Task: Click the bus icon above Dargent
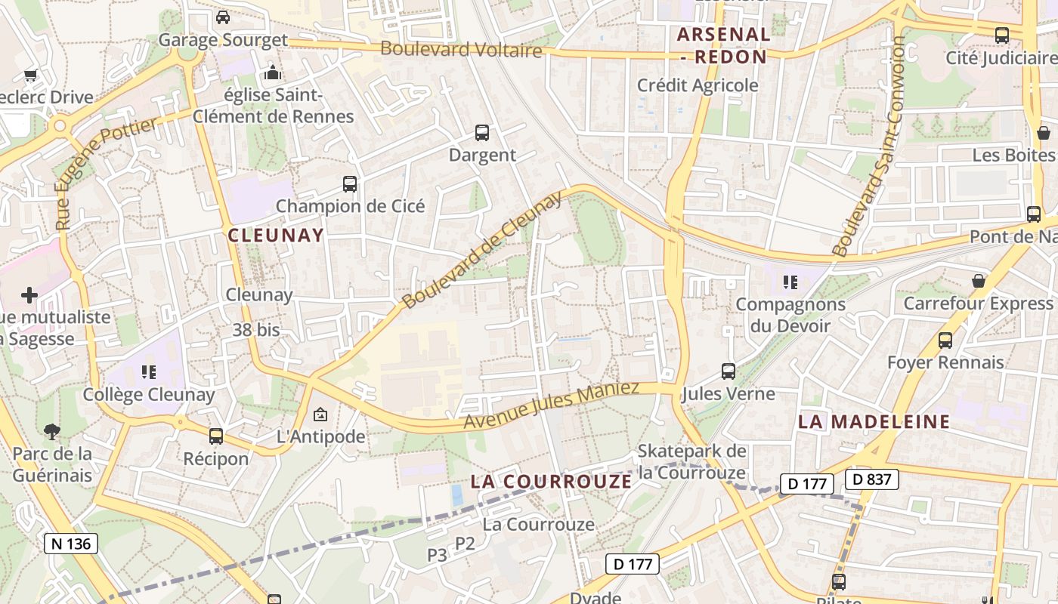(482, 133)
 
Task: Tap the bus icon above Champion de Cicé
(349, 183)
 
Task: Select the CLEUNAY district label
(276, 235)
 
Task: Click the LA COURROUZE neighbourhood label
(551, 481)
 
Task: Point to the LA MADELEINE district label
(874, 422)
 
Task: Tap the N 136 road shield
(72, 544)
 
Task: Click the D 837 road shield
(872, 479)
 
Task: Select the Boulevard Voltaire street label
(461, 50)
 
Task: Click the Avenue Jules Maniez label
(552, 405)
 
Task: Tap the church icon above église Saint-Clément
(272, 72)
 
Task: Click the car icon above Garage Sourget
(223, 17)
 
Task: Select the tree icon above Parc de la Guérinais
(52, 432)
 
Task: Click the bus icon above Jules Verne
(729, 371)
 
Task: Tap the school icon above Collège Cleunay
(148, 371)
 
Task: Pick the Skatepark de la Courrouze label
(692, 462)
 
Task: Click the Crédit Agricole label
(698, 85)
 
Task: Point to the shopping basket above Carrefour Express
(979, 281)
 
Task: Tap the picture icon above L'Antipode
(320, 414)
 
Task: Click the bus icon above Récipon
(216, 436)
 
